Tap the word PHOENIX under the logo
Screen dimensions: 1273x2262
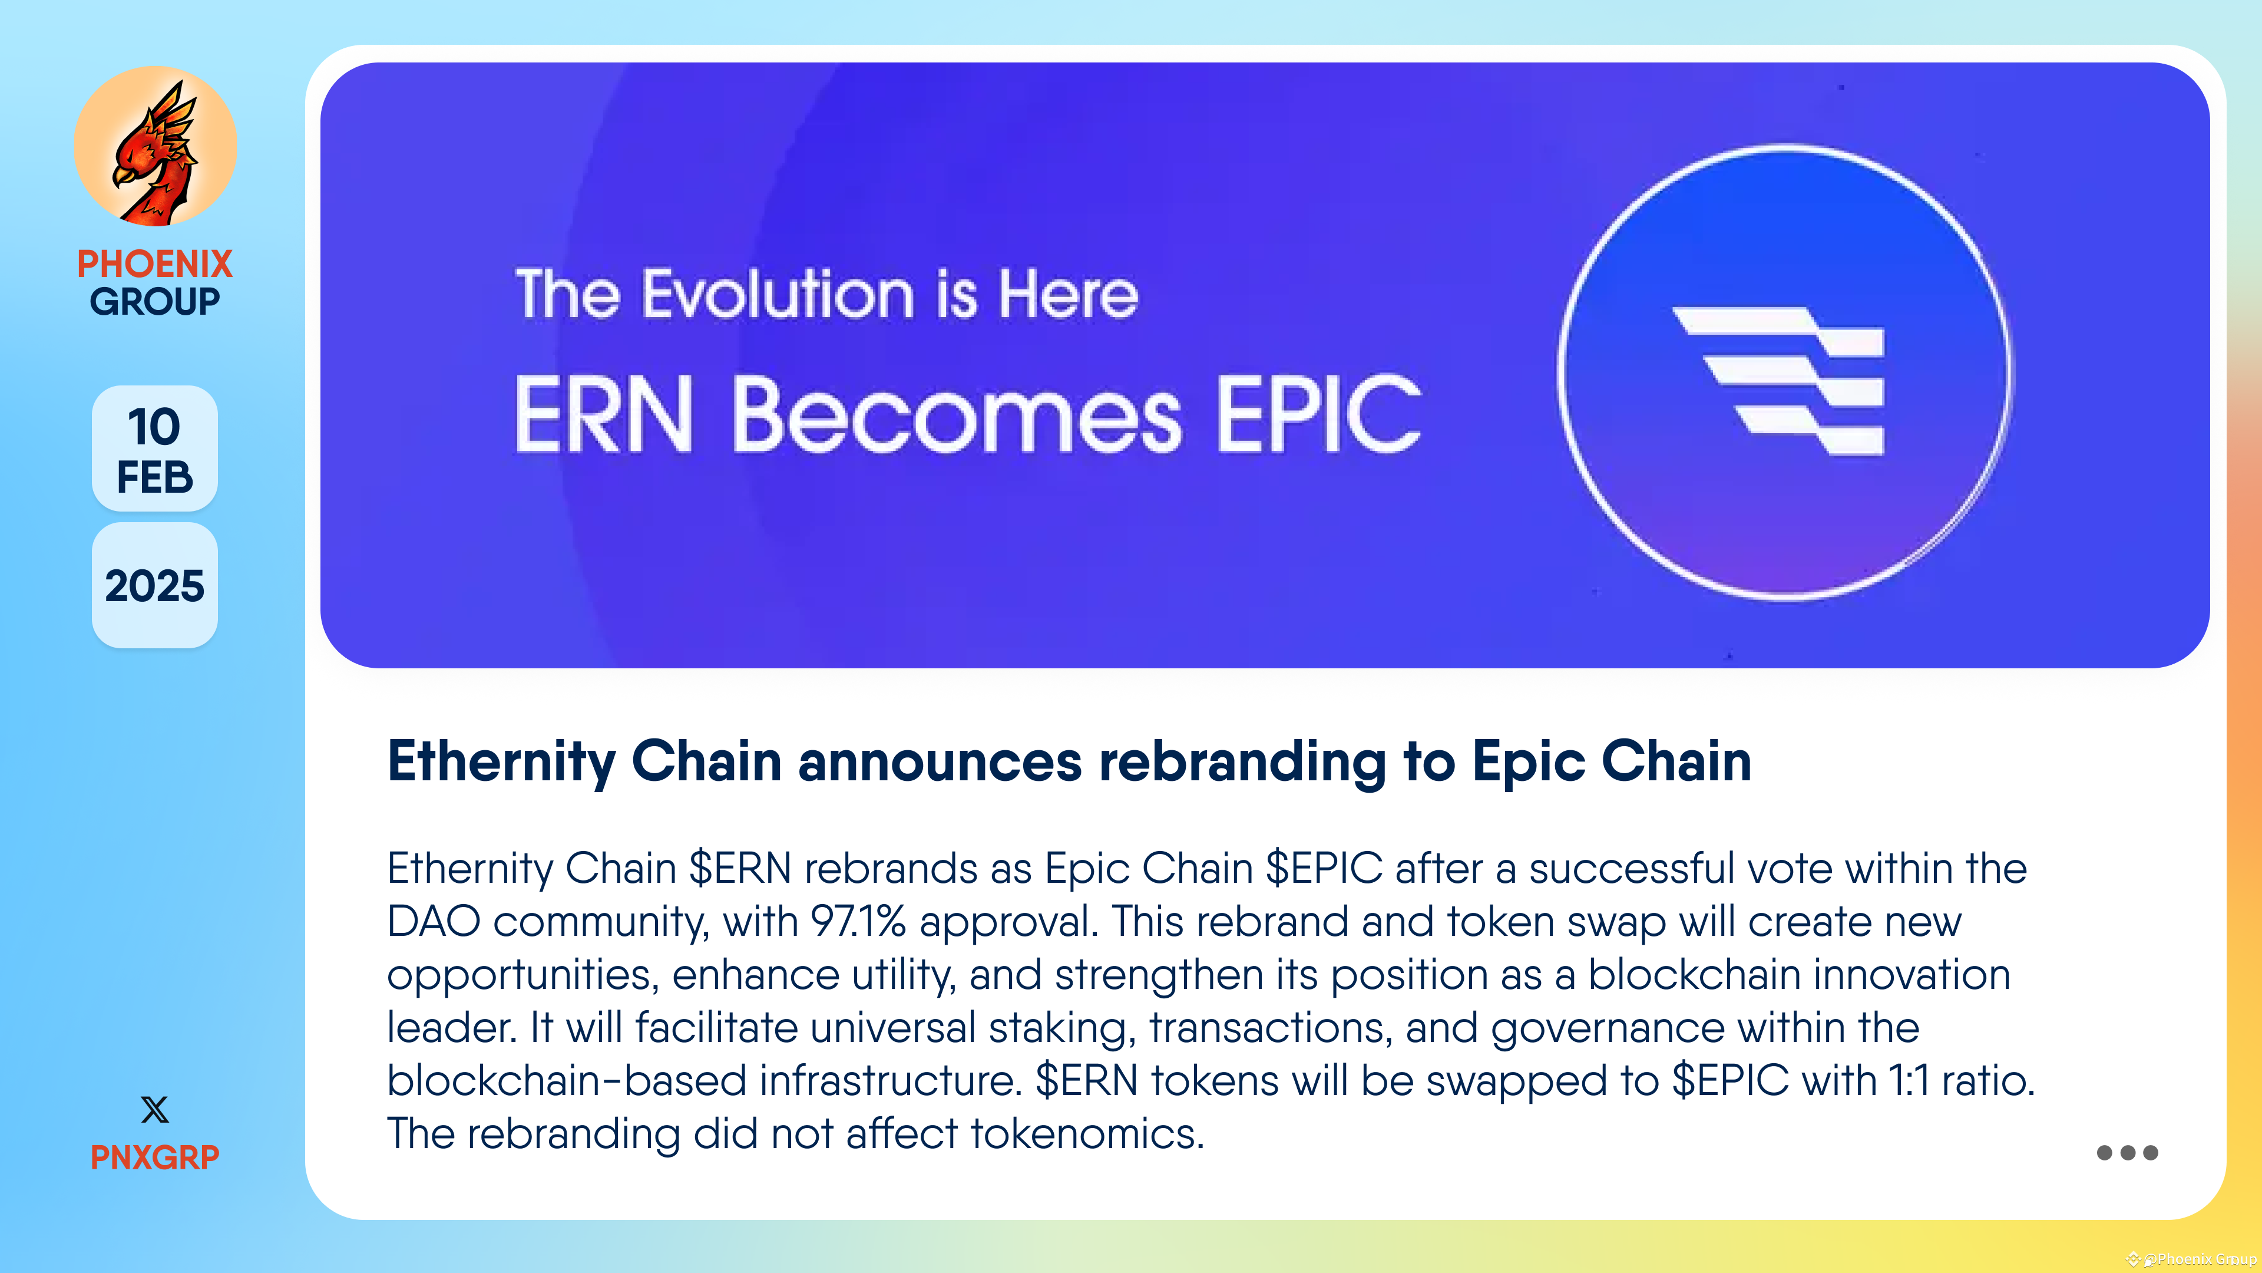[x=154, y=263]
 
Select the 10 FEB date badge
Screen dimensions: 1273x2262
[x=154, y=449]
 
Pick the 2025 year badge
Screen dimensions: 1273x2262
[x=154, y=586]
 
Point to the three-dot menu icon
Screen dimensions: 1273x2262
[x=2126, y=1153]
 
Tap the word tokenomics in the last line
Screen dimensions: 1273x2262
[x=1086, y=1134]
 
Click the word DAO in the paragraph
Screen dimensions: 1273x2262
[x=434, y=922]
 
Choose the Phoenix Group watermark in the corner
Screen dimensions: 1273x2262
[x=2195, y=1259]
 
